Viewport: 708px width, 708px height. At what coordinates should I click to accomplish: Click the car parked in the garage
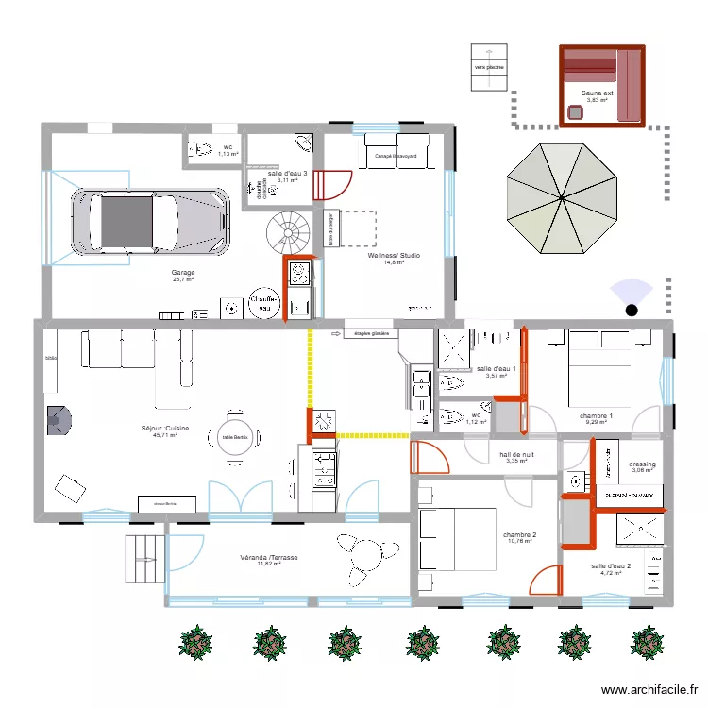click(x=151, y=222)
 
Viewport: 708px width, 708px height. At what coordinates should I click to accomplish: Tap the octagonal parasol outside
click(x=563, y=198)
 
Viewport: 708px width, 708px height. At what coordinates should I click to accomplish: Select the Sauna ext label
click(x=597, y=93)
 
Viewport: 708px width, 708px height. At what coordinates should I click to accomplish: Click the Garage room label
click(x=182, y=273)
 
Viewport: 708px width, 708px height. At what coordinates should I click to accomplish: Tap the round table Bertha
click(x=235, y=436)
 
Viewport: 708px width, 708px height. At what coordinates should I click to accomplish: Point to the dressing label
click(x=642, y=464)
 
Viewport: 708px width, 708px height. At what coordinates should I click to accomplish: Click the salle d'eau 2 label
click(x=610, y=566)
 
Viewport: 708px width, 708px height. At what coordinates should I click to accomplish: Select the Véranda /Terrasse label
click(x=269, y=558)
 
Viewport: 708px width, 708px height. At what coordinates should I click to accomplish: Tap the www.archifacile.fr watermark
click(x=647, y=690)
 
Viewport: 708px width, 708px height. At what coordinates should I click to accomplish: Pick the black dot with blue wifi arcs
click(x=632, y=308)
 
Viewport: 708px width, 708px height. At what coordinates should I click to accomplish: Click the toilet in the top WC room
click(x=202, y=148)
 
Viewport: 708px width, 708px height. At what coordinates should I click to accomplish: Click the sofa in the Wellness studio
click(x=396, y=153)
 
